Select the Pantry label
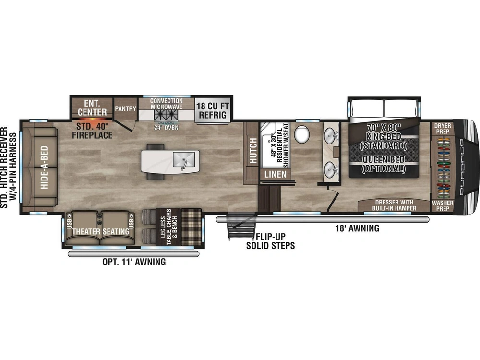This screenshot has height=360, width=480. (x=125, y=109)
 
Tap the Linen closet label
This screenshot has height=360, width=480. (x=276, y=174)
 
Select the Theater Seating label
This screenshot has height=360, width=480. (x=101, y=231)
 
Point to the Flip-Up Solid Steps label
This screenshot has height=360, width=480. (x=270, y=241)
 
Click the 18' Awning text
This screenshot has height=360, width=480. (x=357, y=228)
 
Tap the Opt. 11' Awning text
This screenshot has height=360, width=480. (x=134, y=262)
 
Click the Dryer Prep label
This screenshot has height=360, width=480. (x=443, y=129)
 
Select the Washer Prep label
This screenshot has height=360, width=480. (x=442, y=206)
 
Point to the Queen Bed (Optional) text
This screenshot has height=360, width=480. (x=384, y=164)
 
